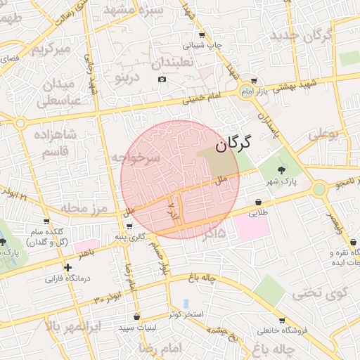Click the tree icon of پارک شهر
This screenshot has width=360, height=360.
tap(282, 169)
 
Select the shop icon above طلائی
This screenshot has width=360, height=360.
tap(259, 202)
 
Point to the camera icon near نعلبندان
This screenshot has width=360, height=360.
tap(162, 79)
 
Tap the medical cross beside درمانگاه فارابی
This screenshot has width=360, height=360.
tap(67, 267)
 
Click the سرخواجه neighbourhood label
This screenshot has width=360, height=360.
tap(136, 157)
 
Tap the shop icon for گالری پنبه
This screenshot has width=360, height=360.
tap(129, 226)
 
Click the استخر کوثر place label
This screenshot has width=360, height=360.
tap(186, 314)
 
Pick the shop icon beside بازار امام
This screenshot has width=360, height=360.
tap(253, 82)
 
